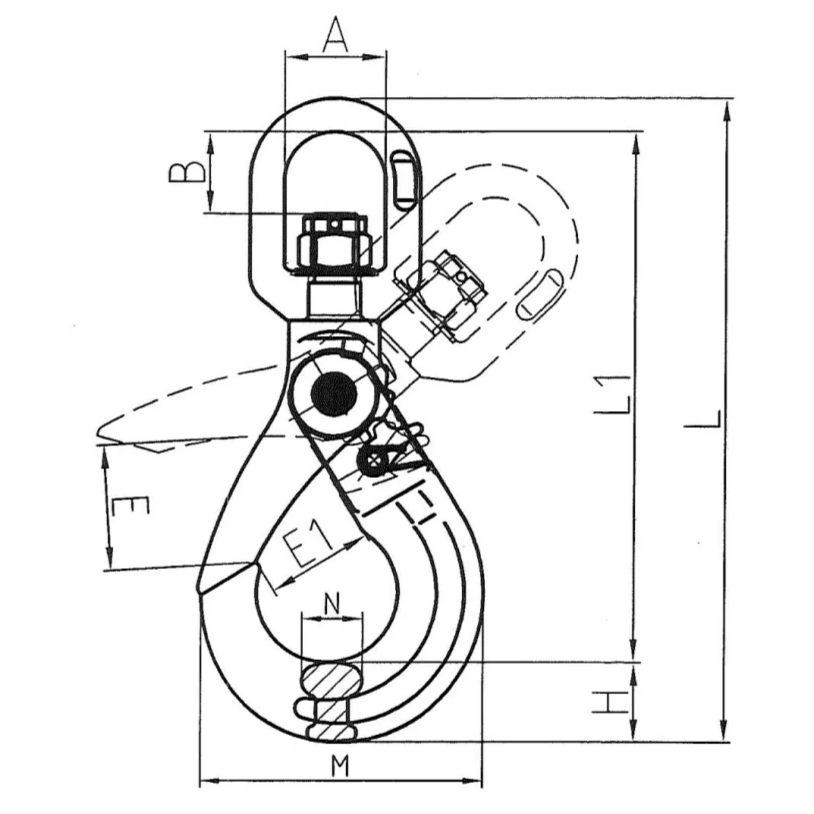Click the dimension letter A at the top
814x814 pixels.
click(335, 34)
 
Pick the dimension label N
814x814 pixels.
click(332, 605)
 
